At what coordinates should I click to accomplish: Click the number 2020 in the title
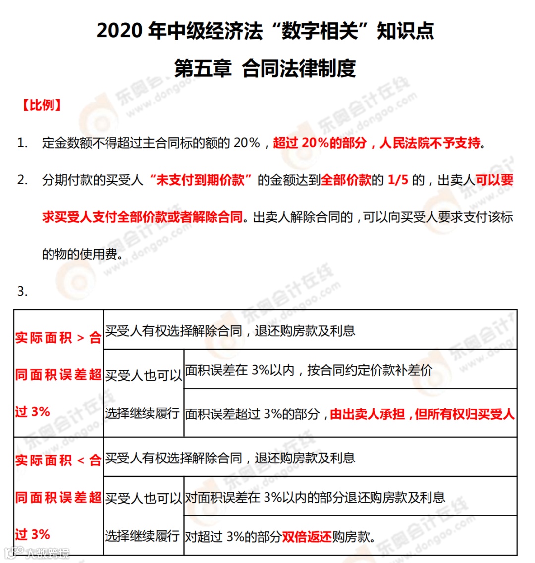pyautogui.click(x=119, y=31)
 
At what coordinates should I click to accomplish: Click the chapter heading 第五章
pyautogui.click(x=203, y=68)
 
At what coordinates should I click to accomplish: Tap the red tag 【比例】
pyautogui.click(x=42, y=105)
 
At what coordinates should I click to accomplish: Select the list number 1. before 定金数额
pyautogui.click(x=23, y=143)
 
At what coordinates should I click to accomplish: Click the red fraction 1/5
pyautogui.click(x=398, y=180)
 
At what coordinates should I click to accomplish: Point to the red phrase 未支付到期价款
pyautogui.click(x=200, y=180)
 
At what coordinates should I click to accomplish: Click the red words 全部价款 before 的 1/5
pyautogui.click(x=346, y=180)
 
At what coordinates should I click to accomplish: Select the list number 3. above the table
pyautogui.click(x=23, y=291)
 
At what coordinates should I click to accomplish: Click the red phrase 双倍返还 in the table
pyautogui.click(x=307, y=536)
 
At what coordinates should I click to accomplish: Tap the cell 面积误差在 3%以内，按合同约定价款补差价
pyautogui.click(x=309, y=370)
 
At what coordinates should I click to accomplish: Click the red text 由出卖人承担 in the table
pyautogui.click(x=368, y=414)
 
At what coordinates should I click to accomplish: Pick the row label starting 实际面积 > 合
pyautogui.click(x=58, y=338)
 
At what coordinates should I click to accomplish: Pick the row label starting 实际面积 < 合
pyautogui.click(x=58, y=461)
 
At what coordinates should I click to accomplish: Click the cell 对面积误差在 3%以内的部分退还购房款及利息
pyautogui.click(x=315, y=498)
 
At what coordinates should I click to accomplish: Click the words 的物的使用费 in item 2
pyautogui.click(x=80, y=255)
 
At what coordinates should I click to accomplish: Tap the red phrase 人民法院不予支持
pyautogui.click(x=430, y=143)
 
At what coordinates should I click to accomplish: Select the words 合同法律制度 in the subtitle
pyautogui.click(x=299, y=68)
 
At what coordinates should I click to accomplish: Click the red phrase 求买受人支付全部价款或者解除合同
pyautogui.click(x=143, y=217)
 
